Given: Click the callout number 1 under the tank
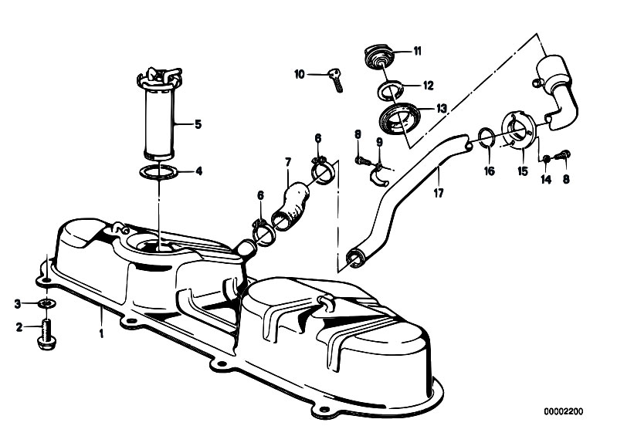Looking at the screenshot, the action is click(x=101, y=333).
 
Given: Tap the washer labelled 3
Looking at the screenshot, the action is click(x=47, y=303).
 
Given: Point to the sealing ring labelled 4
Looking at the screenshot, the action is click(x=159, y=172).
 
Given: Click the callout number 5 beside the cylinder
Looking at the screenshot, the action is click(x=198, y=125).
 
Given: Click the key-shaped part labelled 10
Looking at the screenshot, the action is click(x=336, y=79).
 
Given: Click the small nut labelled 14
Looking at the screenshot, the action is click(x=546, y=159).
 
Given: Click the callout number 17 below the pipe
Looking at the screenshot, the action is click(x=439, y=194).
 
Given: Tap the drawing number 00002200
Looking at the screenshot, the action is click(x=564, y=411).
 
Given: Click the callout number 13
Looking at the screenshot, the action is click(x=442, y=108).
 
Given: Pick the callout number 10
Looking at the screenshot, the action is click(x=300, y=74).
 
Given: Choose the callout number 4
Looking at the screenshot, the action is click(x=199, y=171).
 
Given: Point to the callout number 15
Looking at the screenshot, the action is click(x=523, y=171).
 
